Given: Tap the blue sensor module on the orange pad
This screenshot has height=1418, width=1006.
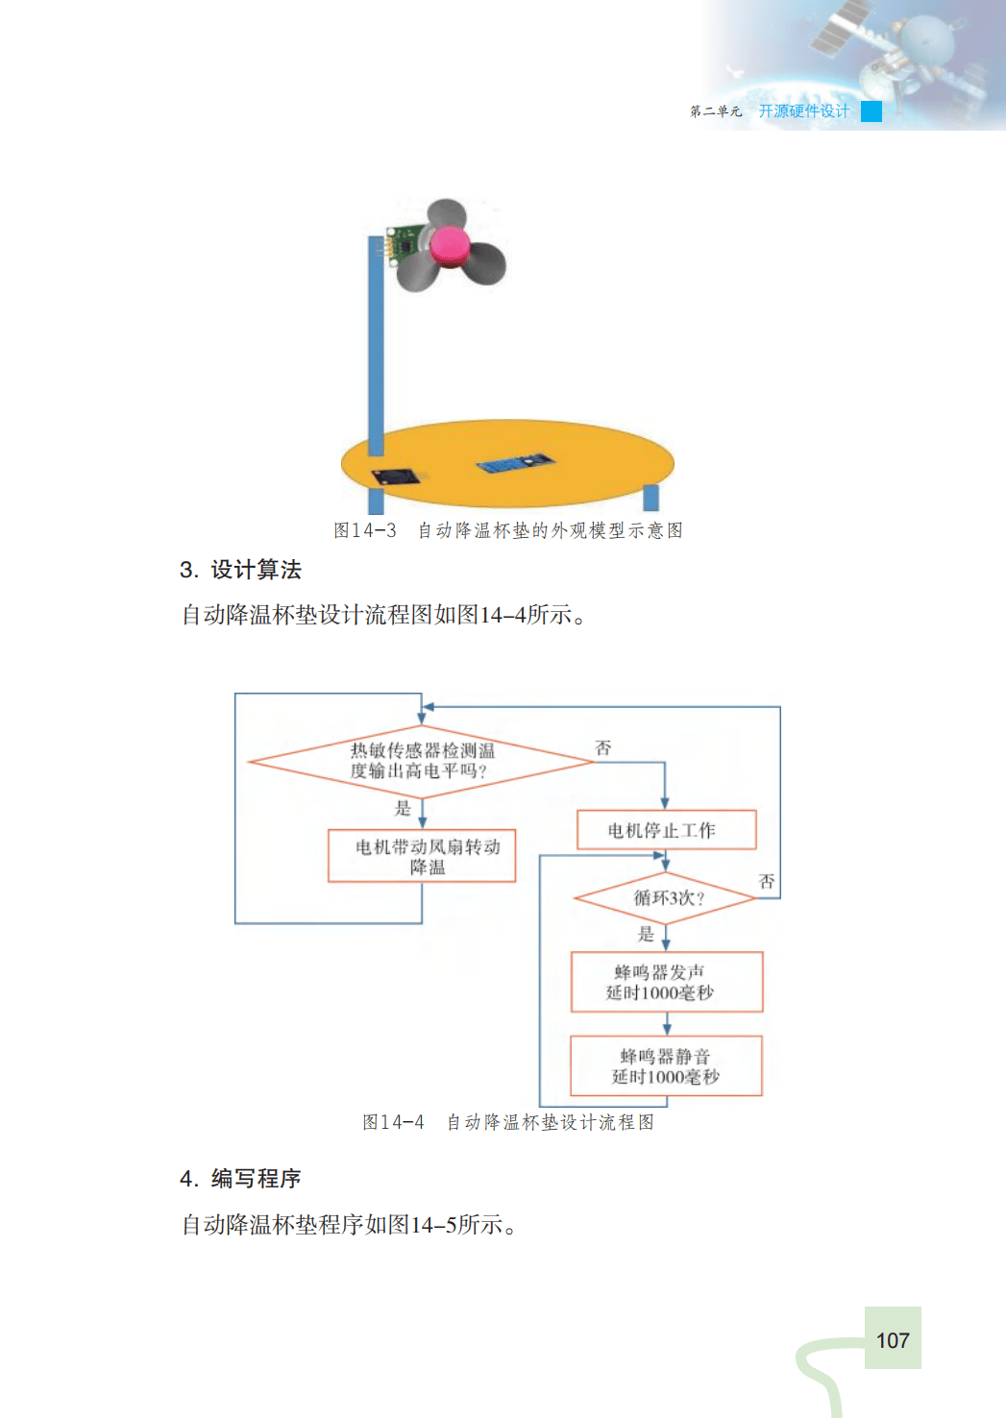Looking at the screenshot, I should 515,463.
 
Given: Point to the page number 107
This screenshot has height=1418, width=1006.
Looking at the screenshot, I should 893,1340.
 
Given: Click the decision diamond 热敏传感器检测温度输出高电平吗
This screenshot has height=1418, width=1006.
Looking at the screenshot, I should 422,761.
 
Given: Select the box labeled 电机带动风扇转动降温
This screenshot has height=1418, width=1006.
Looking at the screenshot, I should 423,856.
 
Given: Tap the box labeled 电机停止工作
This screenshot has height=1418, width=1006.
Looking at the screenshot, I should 666,830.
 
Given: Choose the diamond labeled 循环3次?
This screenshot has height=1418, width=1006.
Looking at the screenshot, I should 666,898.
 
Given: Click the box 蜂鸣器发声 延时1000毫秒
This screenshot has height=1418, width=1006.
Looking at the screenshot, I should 666,982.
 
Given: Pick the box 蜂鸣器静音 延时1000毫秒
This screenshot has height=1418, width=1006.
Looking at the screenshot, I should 666,1065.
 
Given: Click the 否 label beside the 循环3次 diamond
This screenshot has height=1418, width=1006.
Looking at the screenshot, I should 767,881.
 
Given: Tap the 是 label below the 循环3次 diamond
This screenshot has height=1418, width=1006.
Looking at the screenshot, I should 646,934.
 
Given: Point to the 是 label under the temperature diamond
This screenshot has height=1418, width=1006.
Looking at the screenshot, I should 403,808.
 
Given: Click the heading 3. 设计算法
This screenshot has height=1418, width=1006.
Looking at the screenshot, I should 240,570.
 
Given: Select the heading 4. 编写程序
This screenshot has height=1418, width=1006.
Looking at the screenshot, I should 240,1179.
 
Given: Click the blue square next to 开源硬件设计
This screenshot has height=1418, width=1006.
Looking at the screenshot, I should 871,111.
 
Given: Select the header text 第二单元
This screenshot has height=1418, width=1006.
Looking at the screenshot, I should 716,111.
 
